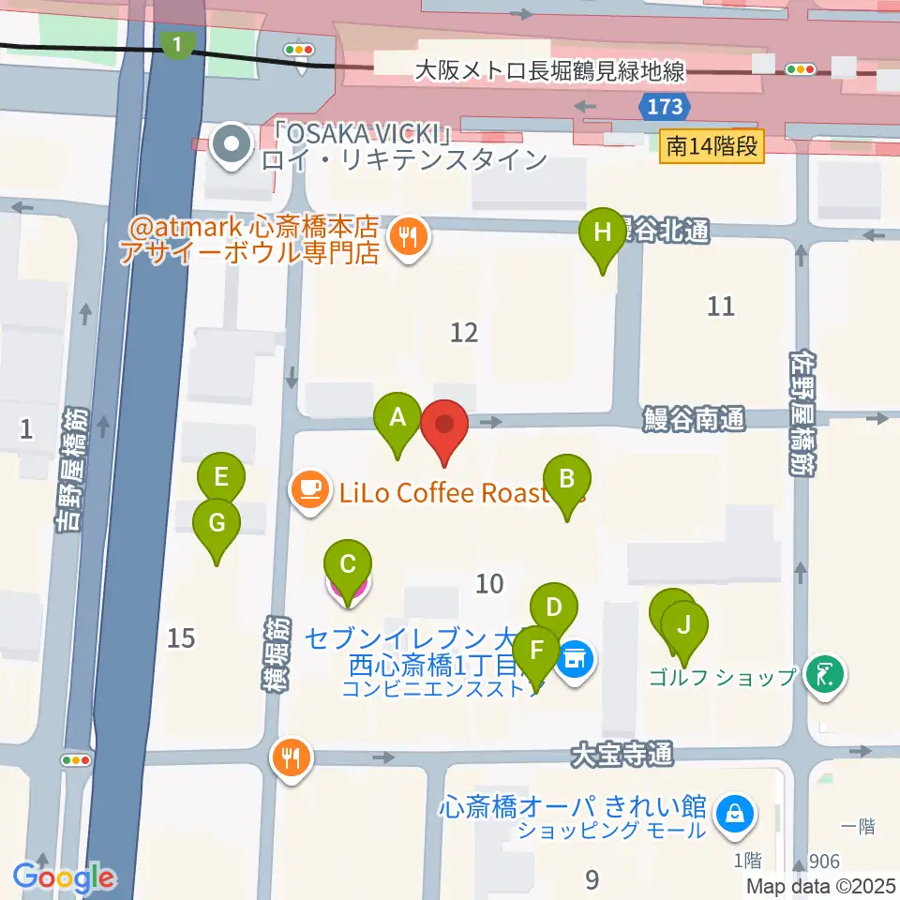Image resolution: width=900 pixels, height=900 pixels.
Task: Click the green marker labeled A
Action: [397, 417]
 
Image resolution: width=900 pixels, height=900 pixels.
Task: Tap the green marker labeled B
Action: [565, 479]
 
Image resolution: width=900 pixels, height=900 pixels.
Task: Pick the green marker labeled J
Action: [684, 623]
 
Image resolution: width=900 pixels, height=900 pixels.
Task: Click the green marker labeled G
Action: [217, 523]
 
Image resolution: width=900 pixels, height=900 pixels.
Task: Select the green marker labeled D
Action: [553, 607]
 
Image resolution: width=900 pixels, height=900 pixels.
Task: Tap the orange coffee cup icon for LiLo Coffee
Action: [310, 488]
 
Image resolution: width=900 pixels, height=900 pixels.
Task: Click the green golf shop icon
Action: [825, 674]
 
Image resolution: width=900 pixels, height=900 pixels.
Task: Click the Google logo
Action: [64, 877]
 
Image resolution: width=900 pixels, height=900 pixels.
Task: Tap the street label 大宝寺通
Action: [622, 753]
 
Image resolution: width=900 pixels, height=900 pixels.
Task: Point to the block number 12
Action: [464, 332]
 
